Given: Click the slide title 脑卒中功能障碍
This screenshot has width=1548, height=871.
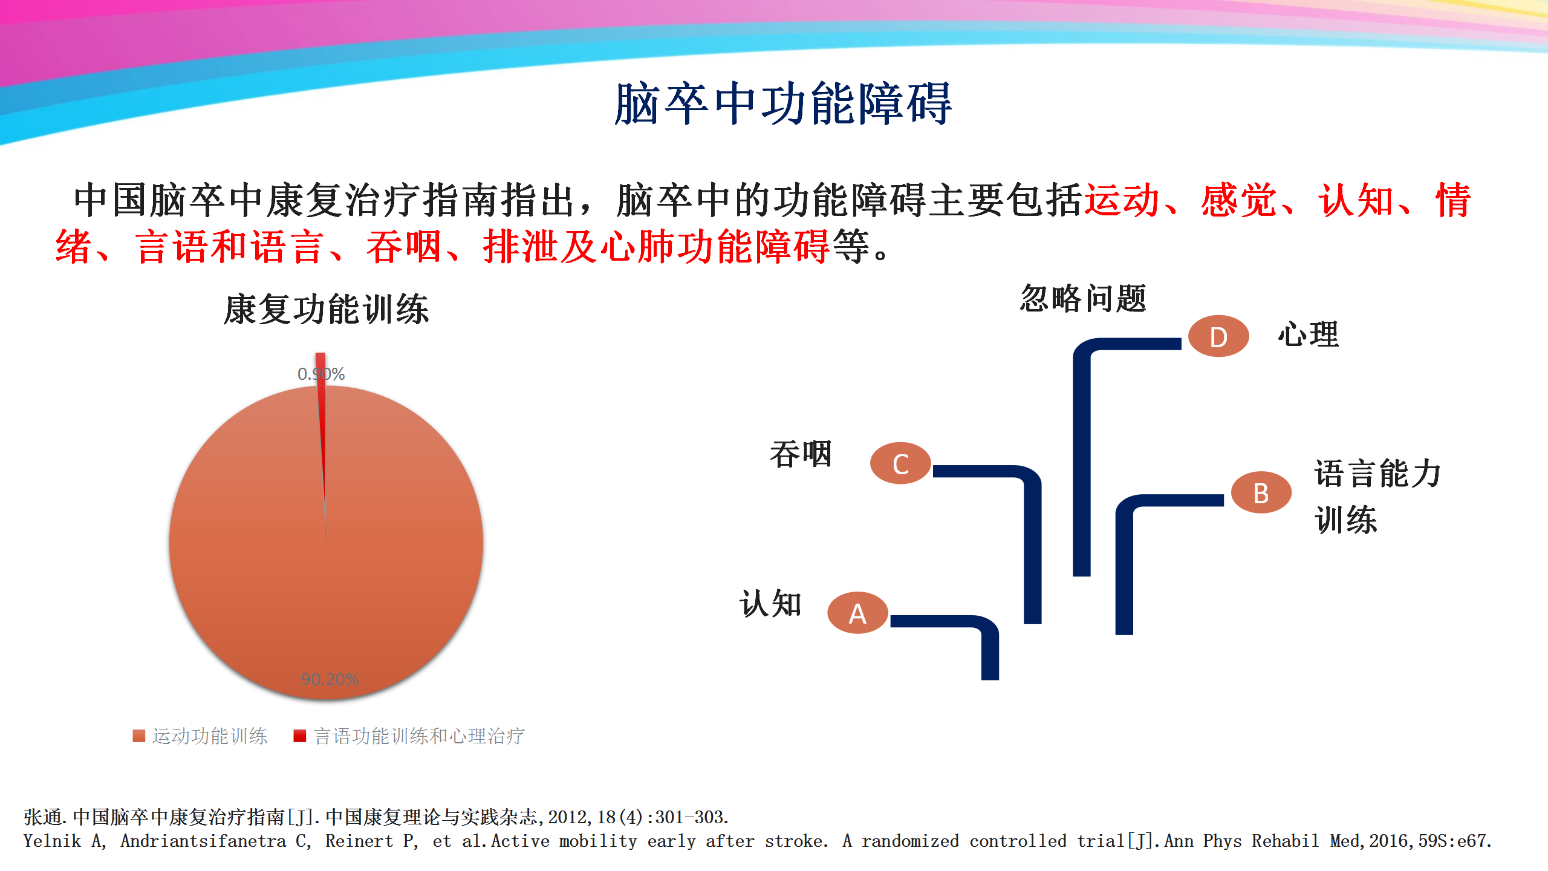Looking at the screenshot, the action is [783, 104].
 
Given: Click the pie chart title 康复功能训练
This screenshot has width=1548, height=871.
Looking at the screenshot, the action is [327, 309].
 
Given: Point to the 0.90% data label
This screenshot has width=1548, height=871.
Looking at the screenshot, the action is [321, 374].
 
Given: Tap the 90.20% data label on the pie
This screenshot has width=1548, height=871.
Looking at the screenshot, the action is [330, 679].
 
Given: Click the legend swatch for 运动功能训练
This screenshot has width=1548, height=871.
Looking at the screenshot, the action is [139, 736].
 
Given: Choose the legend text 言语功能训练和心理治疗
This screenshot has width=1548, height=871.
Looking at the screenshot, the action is [419, 736].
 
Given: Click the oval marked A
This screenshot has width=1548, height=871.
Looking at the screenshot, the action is [857, 613].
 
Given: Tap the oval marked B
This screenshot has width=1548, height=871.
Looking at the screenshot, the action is [1261, 492].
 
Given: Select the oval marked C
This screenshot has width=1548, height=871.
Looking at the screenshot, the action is [900, 463].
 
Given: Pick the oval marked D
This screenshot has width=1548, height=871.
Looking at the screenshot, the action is [1218, 336].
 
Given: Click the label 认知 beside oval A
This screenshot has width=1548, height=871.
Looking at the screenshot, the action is [771, 603].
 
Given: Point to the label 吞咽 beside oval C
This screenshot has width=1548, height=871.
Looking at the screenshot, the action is [801, 454].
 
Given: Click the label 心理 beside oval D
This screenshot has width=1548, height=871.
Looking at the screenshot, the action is [1309, 334].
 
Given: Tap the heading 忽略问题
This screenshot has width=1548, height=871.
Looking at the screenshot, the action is [1083, 298].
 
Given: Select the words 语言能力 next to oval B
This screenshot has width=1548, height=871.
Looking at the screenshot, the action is [1378, 473].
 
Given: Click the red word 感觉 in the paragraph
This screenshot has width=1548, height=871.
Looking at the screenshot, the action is [1238, 200].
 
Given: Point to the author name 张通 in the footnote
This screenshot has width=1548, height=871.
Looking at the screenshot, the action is [43, 817].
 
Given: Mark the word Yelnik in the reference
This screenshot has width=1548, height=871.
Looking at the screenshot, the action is [52, 841].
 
